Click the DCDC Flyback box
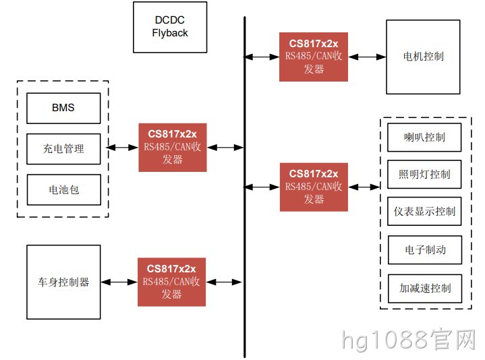tap(170, 27)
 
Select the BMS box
tap(63, 108)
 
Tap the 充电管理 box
tap(63, 149)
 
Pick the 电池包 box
tap(63, 189)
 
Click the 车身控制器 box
tap(63, 282)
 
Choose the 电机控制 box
tap(423, 57)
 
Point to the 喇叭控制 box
tap(424, 138)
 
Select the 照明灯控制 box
tap(424, 175)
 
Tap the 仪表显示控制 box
tap(424, 212)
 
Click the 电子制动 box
tap(425, 249)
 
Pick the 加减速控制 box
tap(425, 289)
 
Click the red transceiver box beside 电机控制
tap(314, 57)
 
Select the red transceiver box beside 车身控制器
tap(171, 282)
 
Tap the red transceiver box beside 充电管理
tap(173, 148)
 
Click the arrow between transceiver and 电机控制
tap(367, 57)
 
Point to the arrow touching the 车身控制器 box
tap(119, 282)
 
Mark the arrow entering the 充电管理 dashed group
tap(122, 148)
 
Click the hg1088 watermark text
tap(409, 340)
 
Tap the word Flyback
tap(170, 33)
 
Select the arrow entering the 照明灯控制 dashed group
tap(364, 187)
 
